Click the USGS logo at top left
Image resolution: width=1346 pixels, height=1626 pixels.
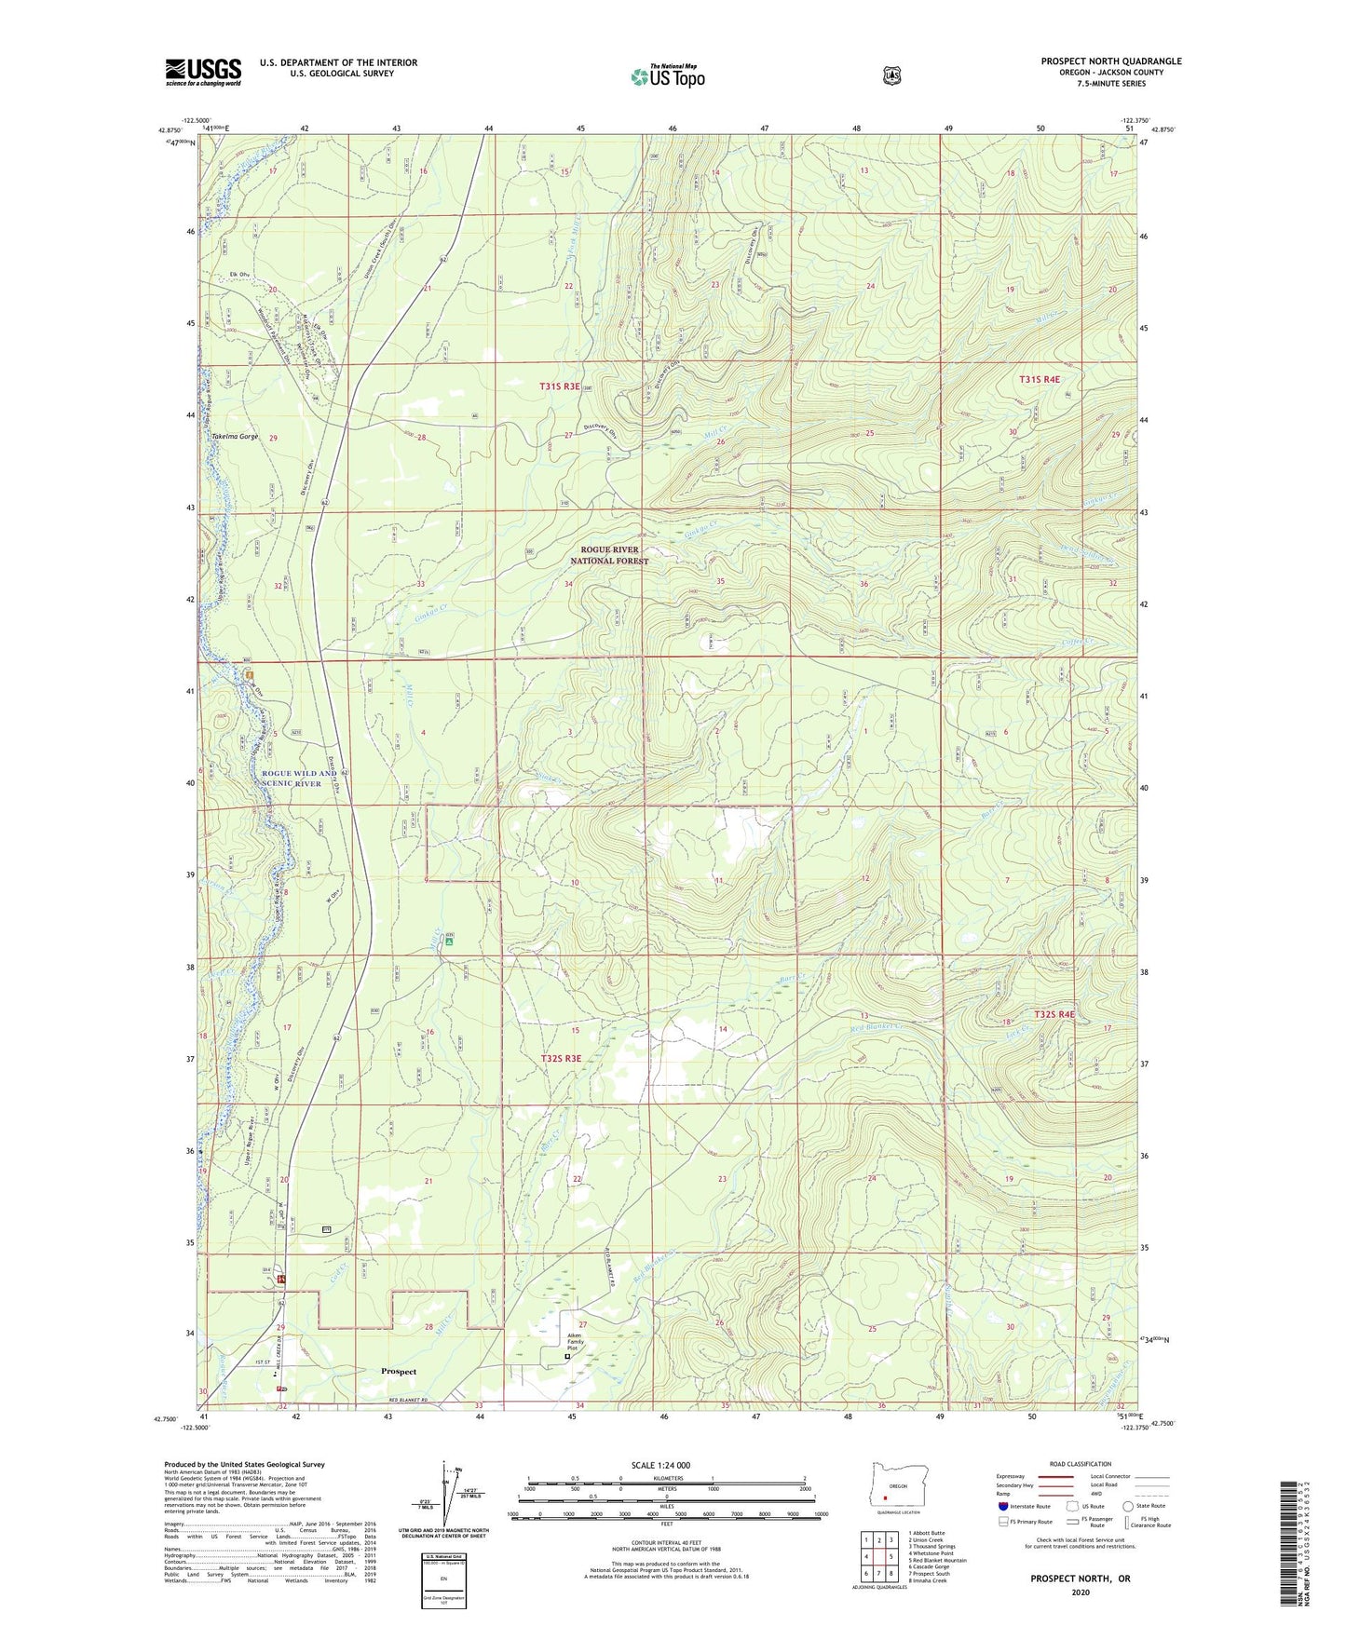[203, 72]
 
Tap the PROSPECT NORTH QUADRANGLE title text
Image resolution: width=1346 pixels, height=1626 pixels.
[1110, 61]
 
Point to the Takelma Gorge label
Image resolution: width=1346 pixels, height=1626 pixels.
[235, 437]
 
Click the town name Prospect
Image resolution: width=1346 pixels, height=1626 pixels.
[399, 1372]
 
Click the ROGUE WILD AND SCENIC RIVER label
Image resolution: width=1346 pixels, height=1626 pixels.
[298, 779]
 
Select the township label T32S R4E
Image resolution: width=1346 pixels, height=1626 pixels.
[1054, 1014]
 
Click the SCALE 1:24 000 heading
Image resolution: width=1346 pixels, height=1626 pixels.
[660, 1465]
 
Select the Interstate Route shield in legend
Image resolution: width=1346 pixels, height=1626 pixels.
[1002, 1506]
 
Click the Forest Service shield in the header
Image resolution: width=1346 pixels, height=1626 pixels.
[891, 75]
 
